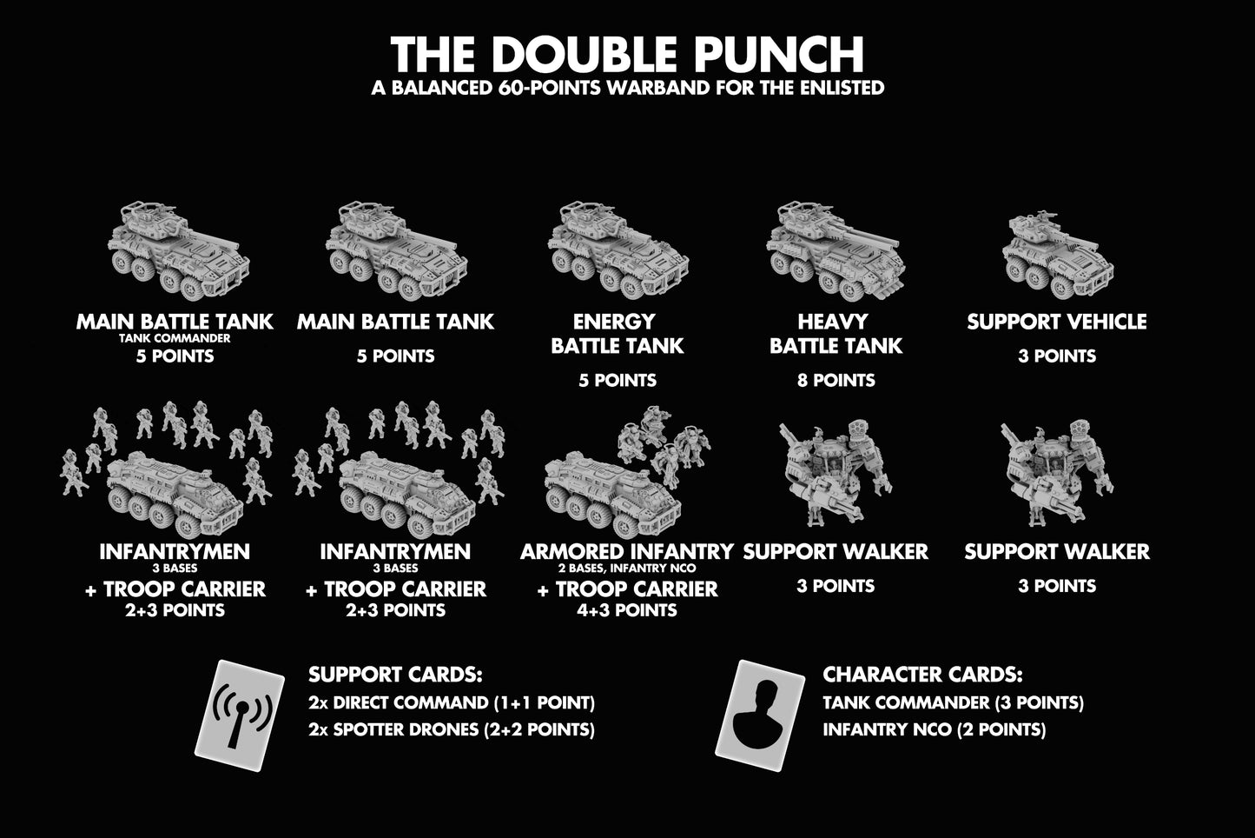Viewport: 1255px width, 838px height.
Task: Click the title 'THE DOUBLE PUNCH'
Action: (627, 55)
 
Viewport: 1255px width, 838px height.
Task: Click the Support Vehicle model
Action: (1057, 248)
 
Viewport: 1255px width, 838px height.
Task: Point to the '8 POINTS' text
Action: (836, 380)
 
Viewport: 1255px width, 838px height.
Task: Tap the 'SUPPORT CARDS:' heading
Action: (395, 675)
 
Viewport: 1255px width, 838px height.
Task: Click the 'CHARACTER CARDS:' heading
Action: (922, 675)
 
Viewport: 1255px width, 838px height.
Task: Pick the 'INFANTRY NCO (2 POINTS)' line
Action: (934, 729)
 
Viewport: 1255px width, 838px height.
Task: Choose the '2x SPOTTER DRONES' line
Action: (451, 729)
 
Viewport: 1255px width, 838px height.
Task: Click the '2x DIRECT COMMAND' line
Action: (451, 702)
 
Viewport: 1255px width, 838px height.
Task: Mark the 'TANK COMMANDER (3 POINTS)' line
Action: (953, 702)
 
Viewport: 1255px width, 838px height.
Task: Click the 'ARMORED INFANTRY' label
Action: (626, 551)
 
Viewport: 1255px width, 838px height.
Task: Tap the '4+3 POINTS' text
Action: (626, 609)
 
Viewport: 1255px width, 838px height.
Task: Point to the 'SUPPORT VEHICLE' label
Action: (1057, 322)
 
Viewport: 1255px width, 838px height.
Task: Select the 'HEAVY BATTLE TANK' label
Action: (836, 334)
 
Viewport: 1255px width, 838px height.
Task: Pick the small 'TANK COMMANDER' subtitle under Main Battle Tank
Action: (175, 338)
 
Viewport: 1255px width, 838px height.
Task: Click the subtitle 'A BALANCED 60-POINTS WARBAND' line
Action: (627, 87)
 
